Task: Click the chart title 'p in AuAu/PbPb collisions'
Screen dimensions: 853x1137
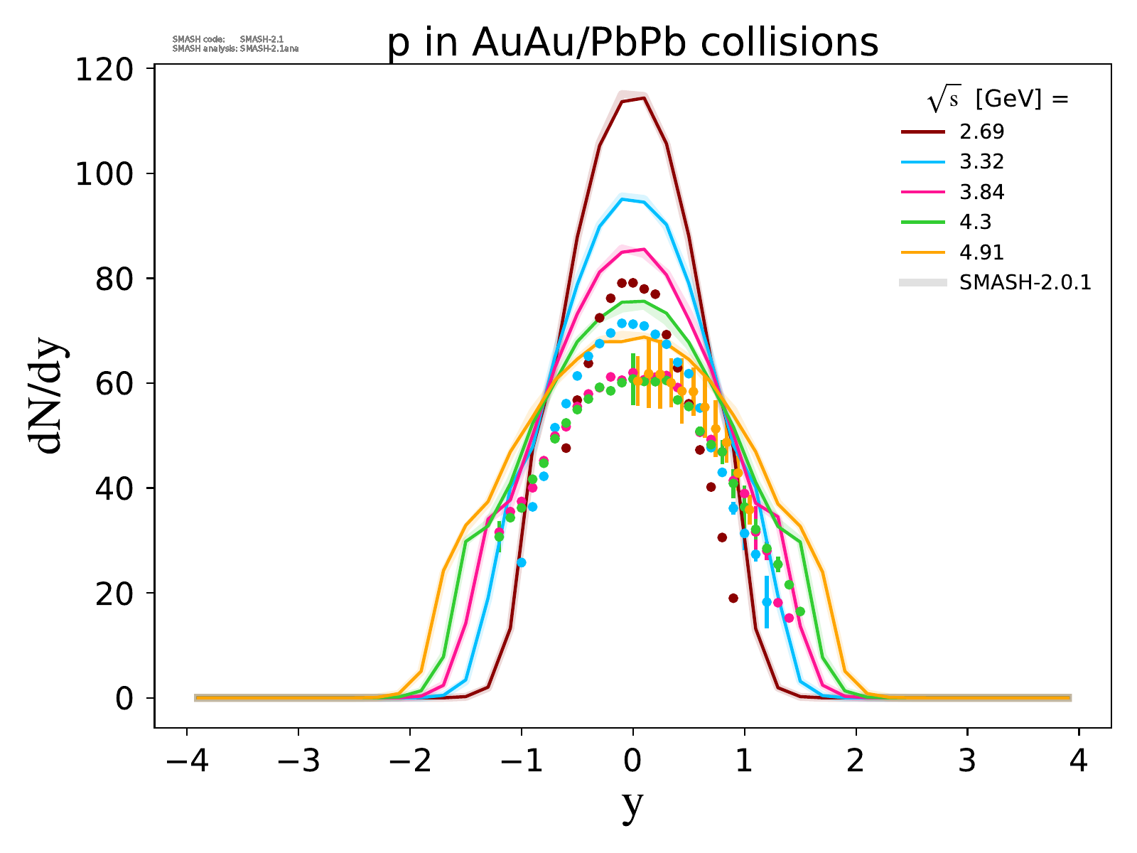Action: pos(632,44)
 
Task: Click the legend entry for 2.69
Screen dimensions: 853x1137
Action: pos(981,132)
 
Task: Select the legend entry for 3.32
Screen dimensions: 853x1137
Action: pos(981,162)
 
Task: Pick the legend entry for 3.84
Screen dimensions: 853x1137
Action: pos(981,192)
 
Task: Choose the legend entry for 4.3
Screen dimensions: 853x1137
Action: pos(975,222)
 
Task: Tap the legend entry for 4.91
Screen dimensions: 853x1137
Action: pos(981,252)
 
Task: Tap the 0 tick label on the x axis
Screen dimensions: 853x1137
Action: pos(632,762)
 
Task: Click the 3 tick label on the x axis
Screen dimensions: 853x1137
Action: pos(967,762)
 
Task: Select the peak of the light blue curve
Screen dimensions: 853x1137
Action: pos(623,199)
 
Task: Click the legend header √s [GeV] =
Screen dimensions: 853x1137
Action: pos(998,100)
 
